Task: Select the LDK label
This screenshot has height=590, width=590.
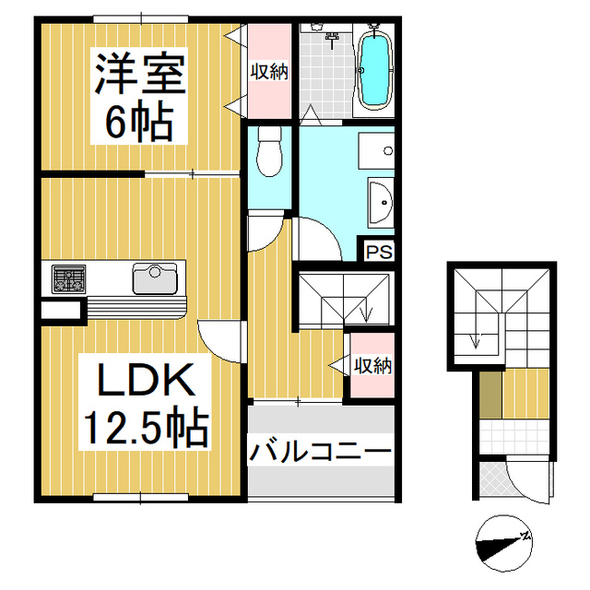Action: pyautogui.click(x=138, y=381)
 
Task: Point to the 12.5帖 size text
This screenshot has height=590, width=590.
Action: pyautogui.click(x=145, y=427)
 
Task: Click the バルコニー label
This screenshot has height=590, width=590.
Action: pyautogui.click(x=318, y=453)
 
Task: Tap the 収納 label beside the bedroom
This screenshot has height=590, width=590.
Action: pyautogui.click(x=269, y=71)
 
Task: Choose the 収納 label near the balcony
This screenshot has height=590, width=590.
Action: pyautogui.click(x=372, y=365)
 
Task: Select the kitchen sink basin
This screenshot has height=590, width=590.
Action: pyautogui.click(x=154, y=276)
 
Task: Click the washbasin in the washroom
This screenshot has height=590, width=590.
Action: pyautogui.click(x=380, y=202)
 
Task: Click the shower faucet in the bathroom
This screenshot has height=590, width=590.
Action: pyautogui.click(x=332, y=38)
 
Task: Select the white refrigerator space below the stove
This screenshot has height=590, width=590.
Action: pyautogui.click(x=61, y=310)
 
